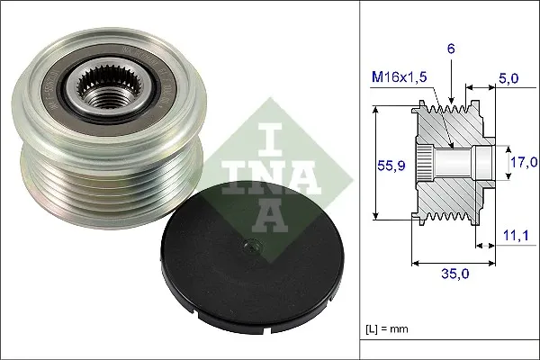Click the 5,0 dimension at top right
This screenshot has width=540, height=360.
click(508, 79)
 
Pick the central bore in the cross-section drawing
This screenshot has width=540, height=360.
click(459, 163)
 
